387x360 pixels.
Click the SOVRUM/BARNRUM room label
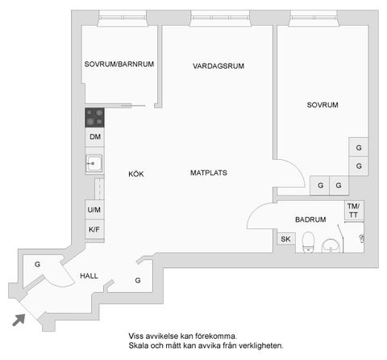(119, 65)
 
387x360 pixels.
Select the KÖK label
(135, 173)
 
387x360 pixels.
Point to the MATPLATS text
(207, 173)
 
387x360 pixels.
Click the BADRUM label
(310, 219)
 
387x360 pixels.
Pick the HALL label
(89, 276)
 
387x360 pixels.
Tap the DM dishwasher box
(95, 137)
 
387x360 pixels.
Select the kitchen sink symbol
(94, 164)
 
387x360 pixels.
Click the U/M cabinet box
(94, 211)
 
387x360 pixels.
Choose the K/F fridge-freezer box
(94, 230)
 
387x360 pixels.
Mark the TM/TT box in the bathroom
(353, 211)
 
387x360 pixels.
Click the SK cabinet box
(285, 239)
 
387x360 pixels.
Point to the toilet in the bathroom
(306, 241)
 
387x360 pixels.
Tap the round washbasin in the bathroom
(331, 245)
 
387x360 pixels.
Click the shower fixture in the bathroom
(361, 238)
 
